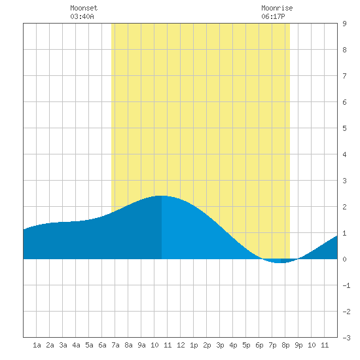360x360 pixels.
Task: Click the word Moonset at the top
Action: tap(84, 8)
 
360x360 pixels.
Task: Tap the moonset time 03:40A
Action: tap(82, 16)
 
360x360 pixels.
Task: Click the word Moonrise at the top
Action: tap(277, 8)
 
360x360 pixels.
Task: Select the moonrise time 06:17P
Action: tap(273, 16)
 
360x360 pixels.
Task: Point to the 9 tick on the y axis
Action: tap(344, 24)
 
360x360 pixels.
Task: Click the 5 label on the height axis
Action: tap(344, 128)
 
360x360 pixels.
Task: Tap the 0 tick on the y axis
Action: tap(344, 259)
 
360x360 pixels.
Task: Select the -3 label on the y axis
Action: tap(346, 338)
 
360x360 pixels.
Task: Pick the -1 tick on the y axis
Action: tap(346, 285)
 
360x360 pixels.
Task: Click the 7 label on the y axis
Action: tap(344, 76)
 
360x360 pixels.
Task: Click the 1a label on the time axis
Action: tap(37, 345)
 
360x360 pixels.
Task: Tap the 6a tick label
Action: tap(102, 345)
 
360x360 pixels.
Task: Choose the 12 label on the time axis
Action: tap(181, 345)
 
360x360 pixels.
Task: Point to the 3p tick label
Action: tap(220, 345)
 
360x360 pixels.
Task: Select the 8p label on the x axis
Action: tap(285, 345)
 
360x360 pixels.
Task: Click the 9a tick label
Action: tap(141, 345)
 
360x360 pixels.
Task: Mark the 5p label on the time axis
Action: tap(246, 345)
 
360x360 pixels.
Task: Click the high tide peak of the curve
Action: tap(162, 196)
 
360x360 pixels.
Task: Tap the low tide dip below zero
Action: tap(280, 262)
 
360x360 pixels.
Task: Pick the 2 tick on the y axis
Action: tap(344, 207)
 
